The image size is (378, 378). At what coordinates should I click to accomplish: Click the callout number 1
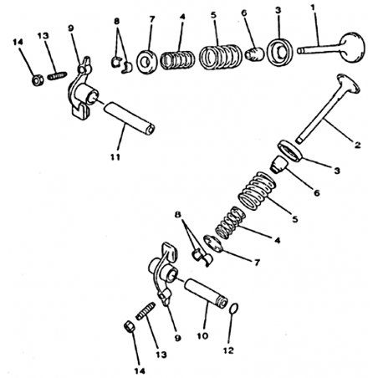click(313, 8)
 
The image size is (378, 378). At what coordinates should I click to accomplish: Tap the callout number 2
click(357, 145)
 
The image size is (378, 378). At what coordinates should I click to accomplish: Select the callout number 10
click(202, 335)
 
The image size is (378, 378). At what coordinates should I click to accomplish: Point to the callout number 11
click(115, 157)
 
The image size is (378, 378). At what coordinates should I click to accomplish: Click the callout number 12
click(228, 350)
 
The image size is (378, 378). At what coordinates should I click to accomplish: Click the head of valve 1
click(353, 47)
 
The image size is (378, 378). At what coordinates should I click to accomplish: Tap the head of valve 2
click(348, 83)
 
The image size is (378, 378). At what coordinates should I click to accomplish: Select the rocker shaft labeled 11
click(129, 118)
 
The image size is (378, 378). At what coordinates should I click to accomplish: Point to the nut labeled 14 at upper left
click(38, 80)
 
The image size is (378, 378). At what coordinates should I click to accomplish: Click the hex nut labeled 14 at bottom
click(129, 326)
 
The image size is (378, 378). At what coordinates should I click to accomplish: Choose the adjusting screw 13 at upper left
click(57, 76)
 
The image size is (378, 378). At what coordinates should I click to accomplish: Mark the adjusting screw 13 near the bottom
click(146, 311)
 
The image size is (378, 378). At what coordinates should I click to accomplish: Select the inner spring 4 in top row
click(177, 60)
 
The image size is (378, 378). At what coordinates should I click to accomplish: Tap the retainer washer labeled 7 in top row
click(147, 62)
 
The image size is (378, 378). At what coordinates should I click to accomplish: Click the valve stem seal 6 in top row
click(254, 54)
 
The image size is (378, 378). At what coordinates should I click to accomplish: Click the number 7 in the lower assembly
click(257, 263)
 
